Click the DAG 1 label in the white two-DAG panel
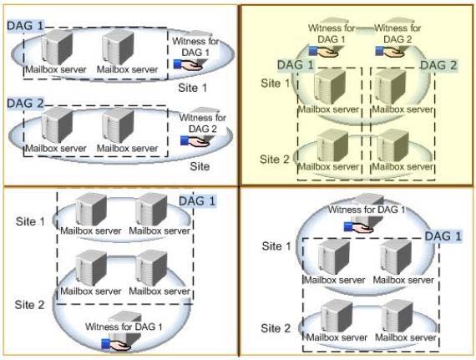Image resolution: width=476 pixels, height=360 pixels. [x=26, y=26]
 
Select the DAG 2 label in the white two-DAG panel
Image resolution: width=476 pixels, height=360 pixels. [x=26, y=104]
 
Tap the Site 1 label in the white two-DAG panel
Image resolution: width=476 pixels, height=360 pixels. [x=192, y=88]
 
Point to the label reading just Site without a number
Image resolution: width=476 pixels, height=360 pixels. [x=200, y=166]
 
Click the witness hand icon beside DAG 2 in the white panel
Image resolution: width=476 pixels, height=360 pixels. [x=195, y=140]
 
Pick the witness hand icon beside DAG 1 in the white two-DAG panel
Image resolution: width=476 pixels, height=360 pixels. [x=188, y=64]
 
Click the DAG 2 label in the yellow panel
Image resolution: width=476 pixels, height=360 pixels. [x=438, y=65]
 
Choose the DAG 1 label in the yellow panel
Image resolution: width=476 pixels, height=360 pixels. [x=296, y=65]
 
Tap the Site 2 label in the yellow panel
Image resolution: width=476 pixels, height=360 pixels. [x=275, y=160]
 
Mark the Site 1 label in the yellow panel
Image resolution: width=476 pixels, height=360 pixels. [x=276, y=84]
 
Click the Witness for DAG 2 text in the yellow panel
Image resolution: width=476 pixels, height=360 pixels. [x=398, y=33]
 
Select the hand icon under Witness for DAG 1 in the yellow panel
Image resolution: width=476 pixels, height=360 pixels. [x=324, y=51]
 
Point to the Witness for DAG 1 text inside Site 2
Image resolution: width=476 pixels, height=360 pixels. [x=124, y=327]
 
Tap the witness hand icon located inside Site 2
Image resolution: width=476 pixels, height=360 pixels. [x=116, y=344]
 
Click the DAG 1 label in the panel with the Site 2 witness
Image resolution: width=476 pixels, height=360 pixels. [x=197, y=201]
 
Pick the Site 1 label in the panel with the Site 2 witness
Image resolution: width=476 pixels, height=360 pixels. [x=30, y=221]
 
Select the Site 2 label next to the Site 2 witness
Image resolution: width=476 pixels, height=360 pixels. [x=29, y=305]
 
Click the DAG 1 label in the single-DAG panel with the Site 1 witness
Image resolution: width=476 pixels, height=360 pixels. [x=443, y=236]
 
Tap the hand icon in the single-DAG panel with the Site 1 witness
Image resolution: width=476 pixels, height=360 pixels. [x=358, y=227]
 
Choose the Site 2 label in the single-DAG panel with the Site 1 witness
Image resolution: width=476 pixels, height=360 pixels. [x=276, y=328]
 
